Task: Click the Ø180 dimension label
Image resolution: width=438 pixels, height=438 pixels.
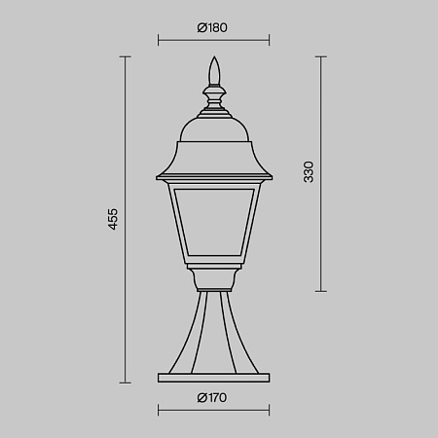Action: click(x=212, y=27)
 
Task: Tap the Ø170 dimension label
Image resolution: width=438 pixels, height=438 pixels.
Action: click(x=212, y=397)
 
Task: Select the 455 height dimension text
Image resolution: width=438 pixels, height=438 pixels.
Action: click(x=113, y=219)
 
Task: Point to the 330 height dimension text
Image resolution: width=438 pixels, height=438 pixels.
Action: click(x=309, y=172)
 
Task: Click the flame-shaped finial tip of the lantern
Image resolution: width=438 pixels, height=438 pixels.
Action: click(x=214, y=71)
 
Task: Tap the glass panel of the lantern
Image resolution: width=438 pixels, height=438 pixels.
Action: click(x=214, y=222)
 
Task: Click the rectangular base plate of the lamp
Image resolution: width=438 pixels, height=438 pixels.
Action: click(x=214, y=378)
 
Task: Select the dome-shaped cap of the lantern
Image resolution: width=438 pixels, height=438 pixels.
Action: click(x=214, y=129)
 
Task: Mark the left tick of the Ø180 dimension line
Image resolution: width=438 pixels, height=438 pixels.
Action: click(x=158, y=40)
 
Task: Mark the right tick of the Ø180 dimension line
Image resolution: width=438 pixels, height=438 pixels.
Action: click(x=269, y=40)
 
